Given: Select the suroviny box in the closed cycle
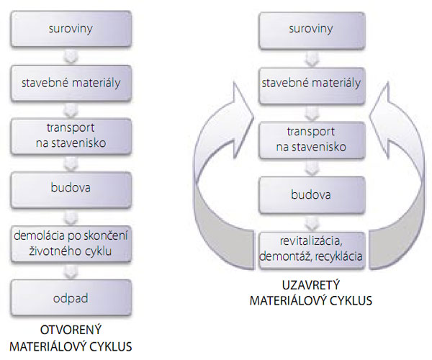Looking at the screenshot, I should [311, 31].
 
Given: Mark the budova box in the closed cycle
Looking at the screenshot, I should [311, 194].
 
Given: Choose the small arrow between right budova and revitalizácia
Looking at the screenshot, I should [311, 220].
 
